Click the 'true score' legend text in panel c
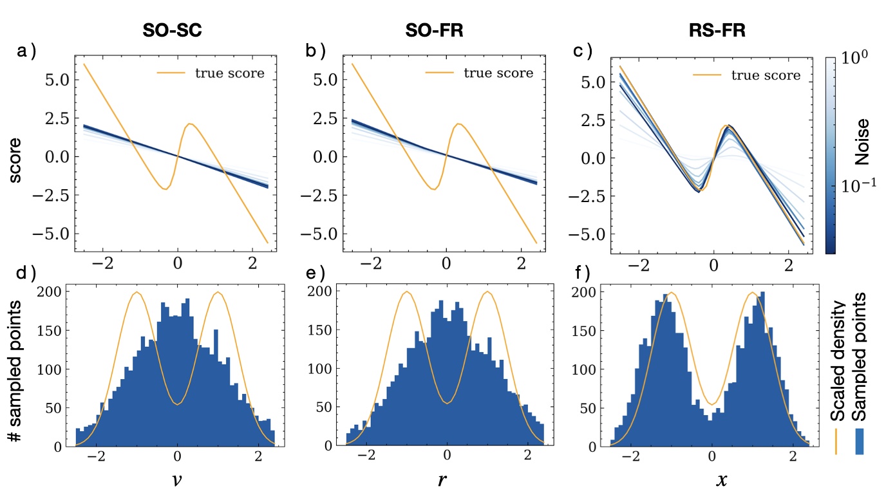[766, 76]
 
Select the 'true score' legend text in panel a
[230, 73]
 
